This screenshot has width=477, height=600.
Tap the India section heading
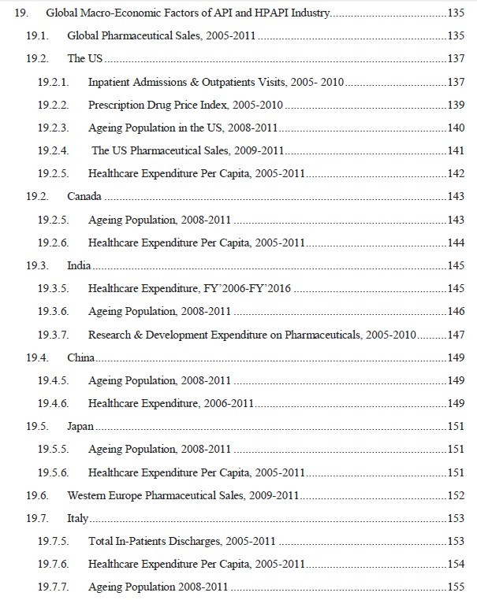[79, 268]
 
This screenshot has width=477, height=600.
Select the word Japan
[80, 426]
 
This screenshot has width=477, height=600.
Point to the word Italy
[78, 519]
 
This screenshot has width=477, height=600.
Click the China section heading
[81, 358]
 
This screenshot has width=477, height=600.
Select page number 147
[455, 335]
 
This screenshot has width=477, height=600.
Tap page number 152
[455, 496]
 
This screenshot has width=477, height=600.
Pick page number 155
[455, 587]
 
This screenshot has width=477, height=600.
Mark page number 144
[455, 243]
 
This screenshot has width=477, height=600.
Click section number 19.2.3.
[53, 128]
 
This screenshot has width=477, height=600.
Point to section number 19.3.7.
[53, 335]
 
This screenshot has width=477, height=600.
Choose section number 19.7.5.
[53, 542]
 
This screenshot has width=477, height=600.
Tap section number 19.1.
[38, 36]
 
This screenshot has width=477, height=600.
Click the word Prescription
[115, 105]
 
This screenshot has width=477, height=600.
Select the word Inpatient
[110, 82]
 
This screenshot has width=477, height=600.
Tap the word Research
[110, 335]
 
